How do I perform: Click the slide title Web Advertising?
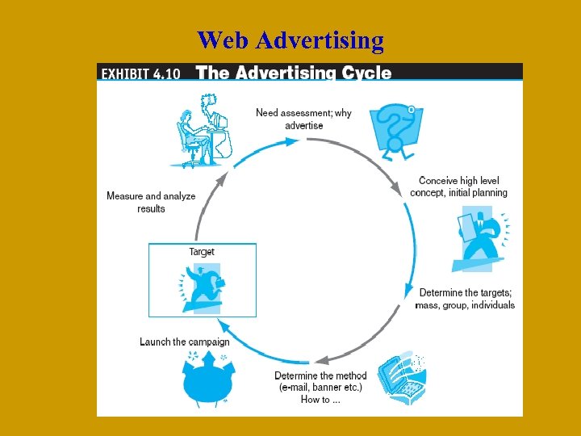(x=290, y=40)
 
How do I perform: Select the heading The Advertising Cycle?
(x=294, y=73)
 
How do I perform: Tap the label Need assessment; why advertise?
(x=303, y=119)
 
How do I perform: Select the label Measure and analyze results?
(x=151, y=202)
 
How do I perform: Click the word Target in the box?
(x=202, y=252)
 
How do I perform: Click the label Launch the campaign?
(x=185, y=342)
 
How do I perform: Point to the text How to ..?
(x=320, y=400)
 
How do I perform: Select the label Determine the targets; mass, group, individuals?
(x=465, y=299)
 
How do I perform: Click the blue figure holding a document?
(x=478, y=238)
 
